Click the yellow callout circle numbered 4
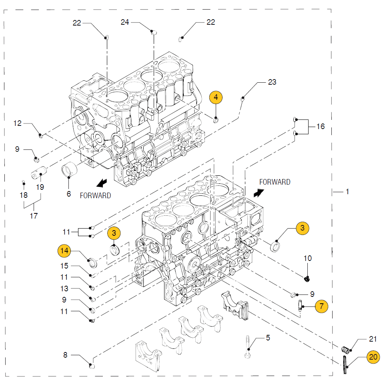[216, 97]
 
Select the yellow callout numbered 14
[64, 251]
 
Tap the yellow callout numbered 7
[321, 306]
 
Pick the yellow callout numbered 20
[373, 357]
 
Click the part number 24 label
[125, 22]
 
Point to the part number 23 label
[272, 82]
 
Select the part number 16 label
[321, 126]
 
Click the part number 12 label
[18, 123]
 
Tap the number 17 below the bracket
[34, 216]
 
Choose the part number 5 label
[268, 338]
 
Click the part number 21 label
[373, 339]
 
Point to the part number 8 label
[65, 355]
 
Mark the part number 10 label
[307, 258]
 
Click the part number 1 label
[347, 191]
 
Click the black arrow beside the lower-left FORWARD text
[102, 183]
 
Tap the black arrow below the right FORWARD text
[259, 193]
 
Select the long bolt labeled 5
[247, 347]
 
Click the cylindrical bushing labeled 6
[69, 169]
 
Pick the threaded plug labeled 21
[345, 350]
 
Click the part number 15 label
[64, 266]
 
